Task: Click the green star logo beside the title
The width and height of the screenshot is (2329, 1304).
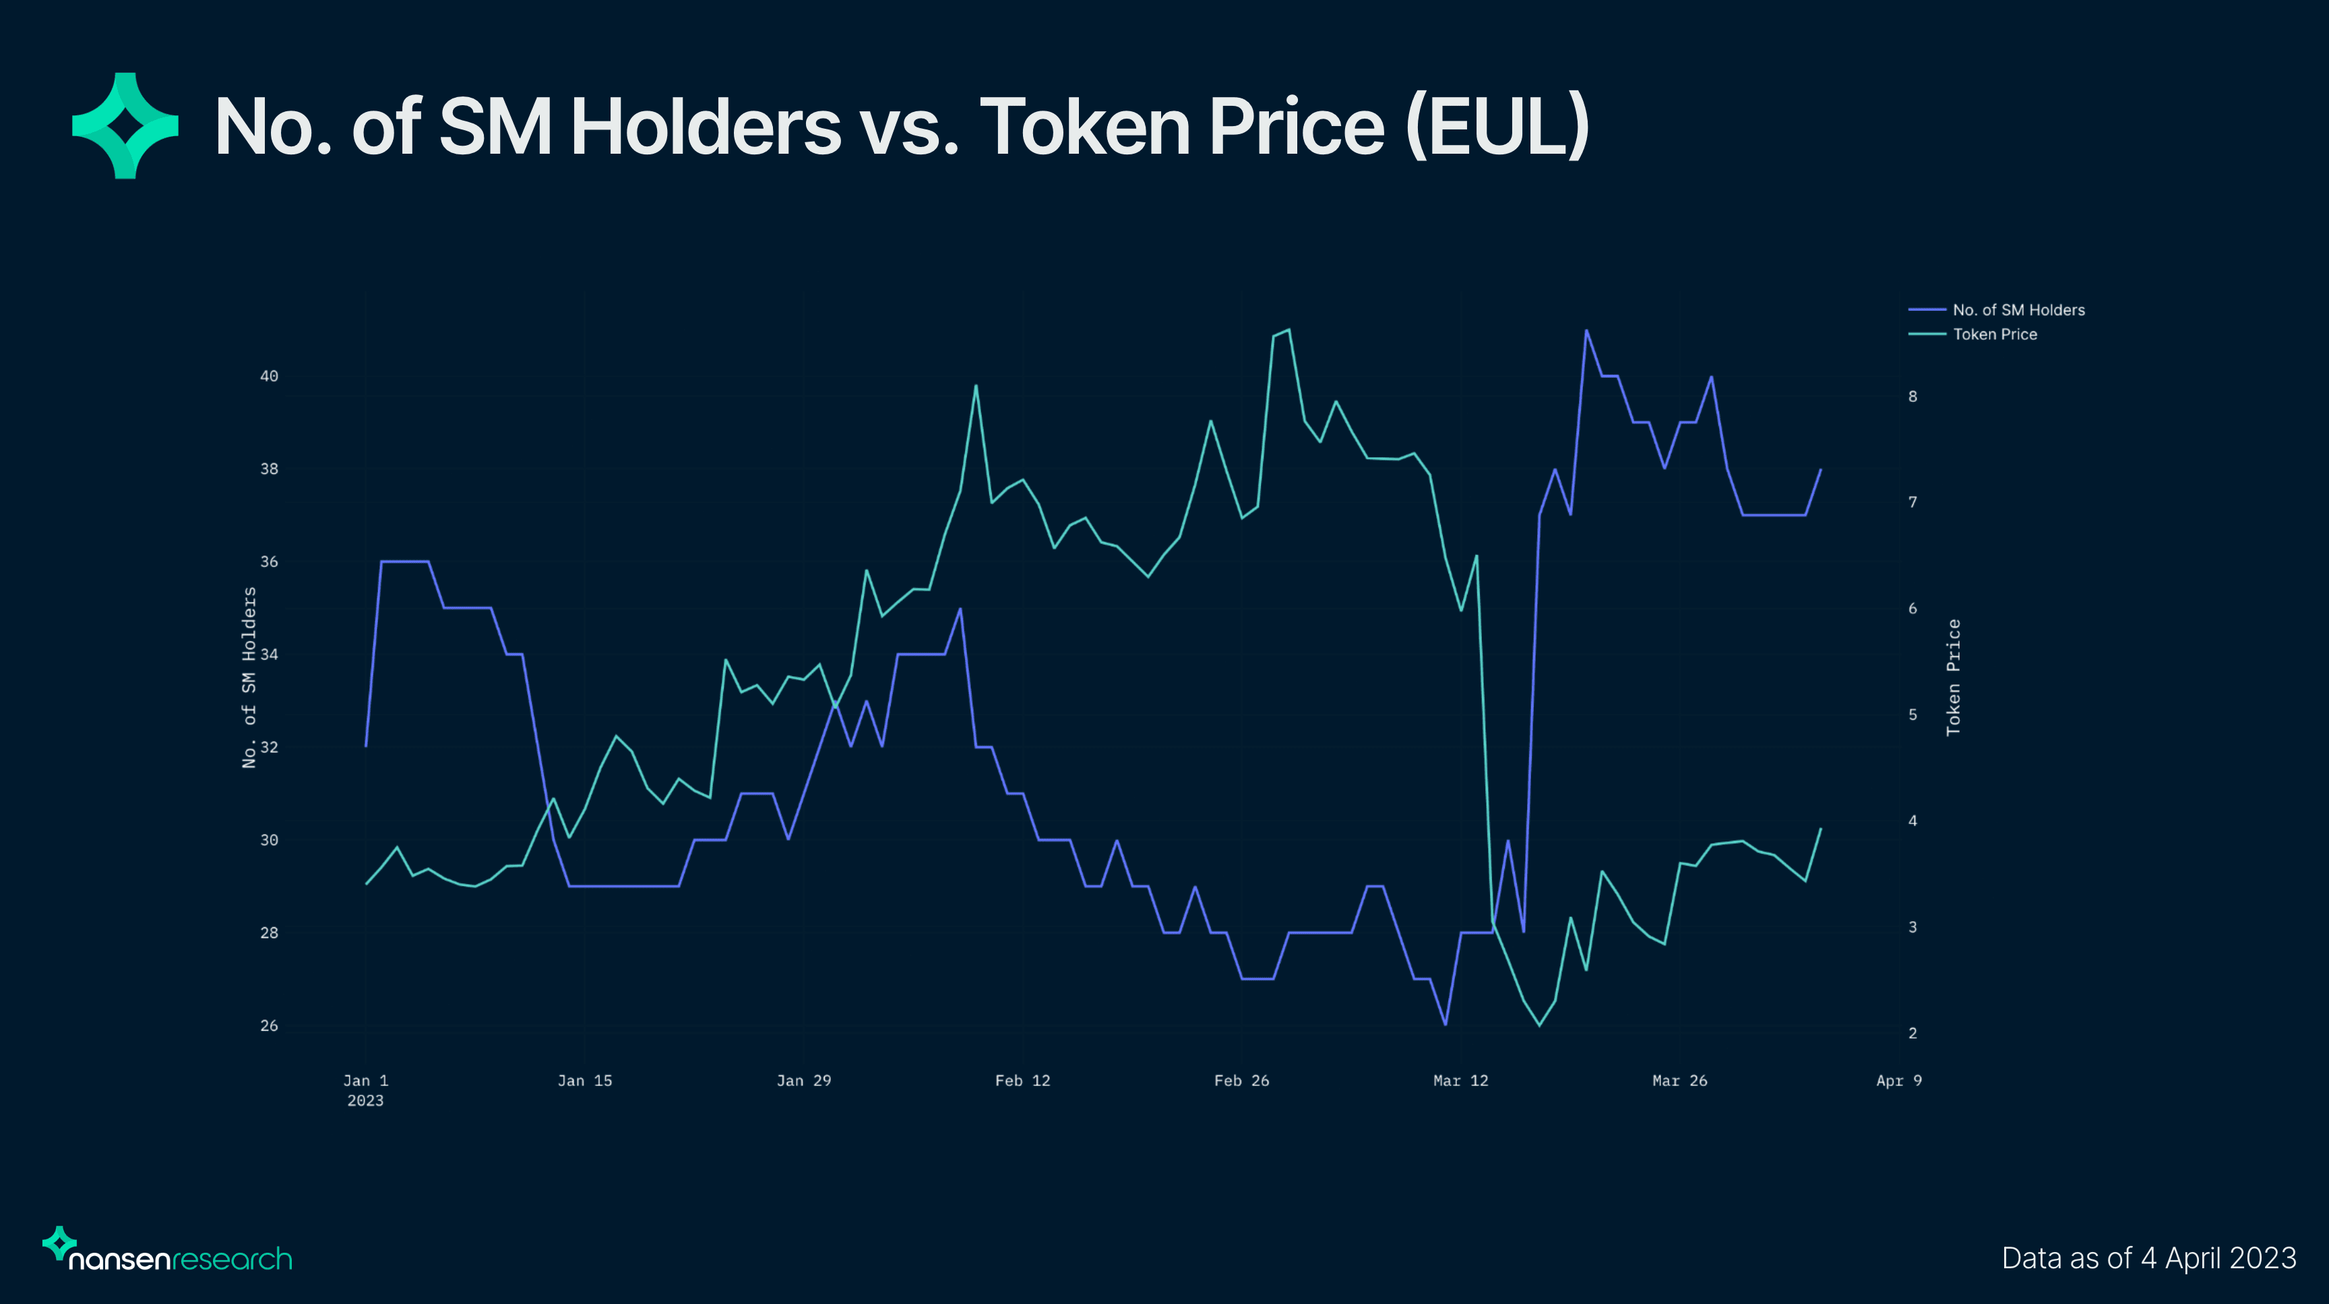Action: (x=125, y=125)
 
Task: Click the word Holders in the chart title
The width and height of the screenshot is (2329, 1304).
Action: (x=705, y=127)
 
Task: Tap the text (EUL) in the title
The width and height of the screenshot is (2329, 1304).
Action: (x=1497, y=127)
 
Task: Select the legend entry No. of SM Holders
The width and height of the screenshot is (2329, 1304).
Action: (x=2018, y=310)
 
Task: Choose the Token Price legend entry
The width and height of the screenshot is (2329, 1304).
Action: (x=1995, y=334)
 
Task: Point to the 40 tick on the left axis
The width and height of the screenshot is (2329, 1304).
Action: (x=270, y=376)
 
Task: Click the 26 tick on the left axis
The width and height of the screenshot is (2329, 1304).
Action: (x=270, y=1026)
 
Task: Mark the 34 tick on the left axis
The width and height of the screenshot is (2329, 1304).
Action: (x=270, y=655)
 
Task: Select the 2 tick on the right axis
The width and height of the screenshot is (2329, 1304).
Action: (x=1913, y=1034)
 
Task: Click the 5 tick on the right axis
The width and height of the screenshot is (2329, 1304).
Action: (x=1913, y=715)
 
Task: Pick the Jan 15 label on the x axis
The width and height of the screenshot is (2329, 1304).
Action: (x=585, y=1081)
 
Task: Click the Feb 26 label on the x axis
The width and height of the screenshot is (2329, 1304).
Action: (x=1241, y=1081)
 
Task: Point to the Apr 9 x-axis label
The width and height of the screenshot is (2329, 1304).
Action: (x=1898, y=1081)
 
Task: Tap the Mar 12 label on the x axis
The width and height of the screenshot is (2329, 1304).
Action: (x=1460, y=1081)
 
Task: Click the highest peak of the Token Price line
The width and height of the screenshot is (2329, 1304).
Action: (x=1288, y=330)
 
